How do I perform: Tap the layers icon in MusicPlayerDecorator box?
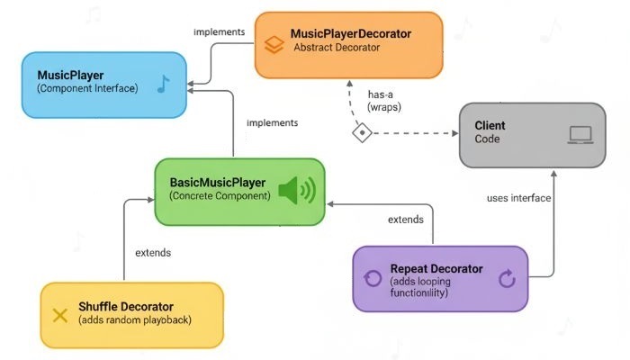(273, 43)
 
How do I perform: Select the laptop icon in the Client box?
(580, 135)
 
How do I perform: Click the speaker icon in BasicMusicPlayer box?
(296, 191)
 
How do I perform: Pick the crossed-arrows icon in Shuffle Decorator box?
(60, 315)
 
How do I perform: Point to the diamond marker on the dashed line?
(362, 133)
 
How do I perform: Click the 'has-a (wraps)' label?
(384, 100)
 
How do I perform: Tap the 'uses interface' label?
(518, 198)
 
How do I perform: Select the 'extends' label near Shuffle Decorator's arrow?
(151, 252)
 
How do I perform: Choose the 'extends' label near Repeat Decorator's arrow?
(406, 220)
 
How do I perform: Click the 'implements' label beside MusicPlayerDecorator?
(219, 32)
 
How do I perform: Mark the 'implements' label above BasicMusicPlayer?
(273, 122)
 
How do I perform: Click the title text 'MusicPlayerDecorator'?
(350, 33)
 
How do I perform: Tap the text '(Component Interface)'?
(86, 89)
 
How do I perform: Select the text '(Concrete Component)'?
(220, 196)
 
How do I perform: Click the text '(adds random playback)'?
(135, 321)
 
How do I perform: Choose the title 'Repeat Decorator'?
(436, 269)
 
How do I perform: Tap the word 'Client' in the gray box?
(492, 126)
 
